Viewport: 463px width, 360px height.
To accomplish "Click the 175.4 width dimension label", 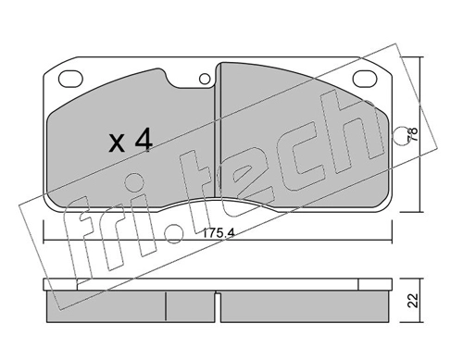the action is click(219, 233).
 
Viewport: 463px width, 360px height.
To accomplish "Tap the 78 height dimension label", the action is click(413, 134).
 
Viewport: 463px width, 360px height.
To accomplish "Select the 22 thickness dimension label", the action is click(413, 300).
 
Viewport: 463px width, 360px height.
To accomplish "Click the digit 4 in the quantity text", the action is click(143, 140).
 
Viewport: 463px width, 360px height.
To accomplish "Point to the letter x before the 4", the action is click(117, 143).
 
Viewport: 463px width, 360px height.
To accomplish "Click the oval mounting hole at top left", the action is click(70, 79).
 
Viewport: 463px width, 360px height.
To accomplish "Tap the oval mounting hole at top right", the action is click(365, 79).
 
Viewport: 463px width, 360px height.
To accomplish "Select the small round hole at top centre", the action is click(205, 80).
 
